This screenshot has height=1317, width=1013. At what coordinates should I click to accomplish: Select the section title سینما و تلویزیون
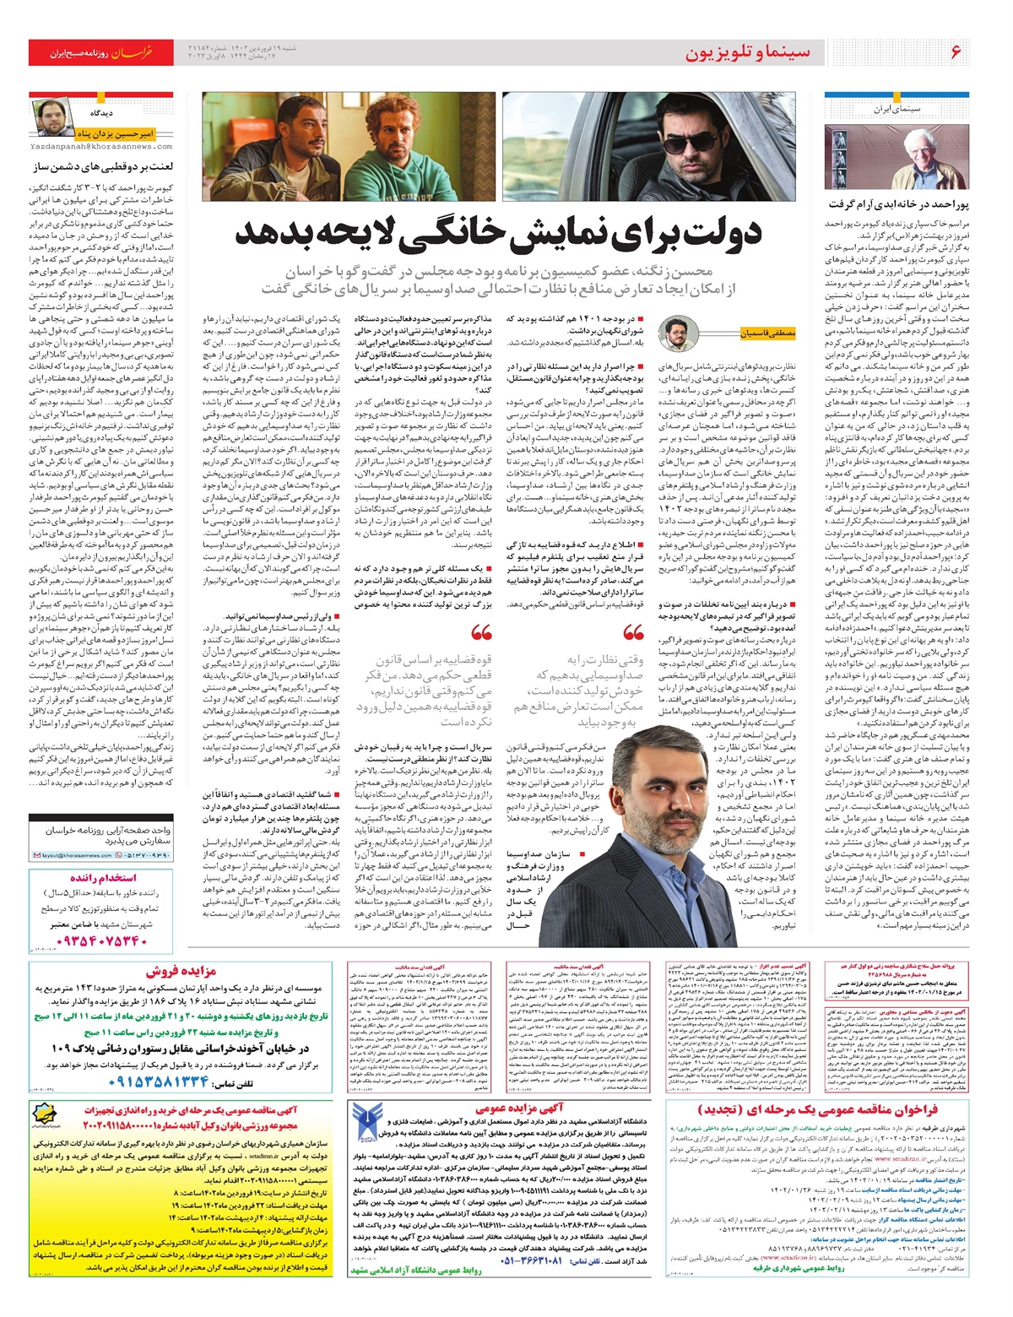(x=747, y=53)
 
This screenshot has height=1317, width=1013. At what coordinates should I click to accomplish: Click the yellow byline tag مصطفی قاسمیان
(x=767, y=333)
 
